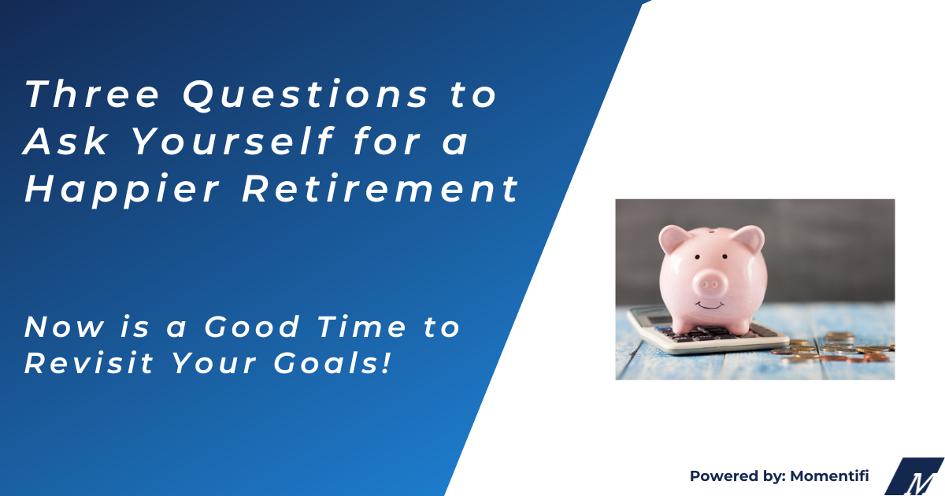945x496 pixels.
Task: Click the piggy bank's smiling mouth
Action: pos(711,303)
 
